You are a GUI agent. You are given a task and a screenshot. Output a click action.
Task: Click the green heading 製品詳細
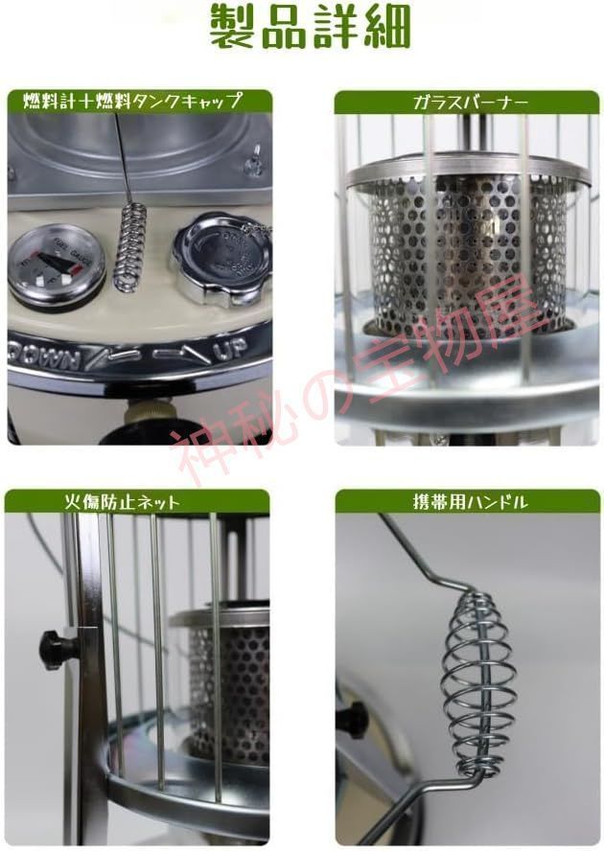pos(303,28)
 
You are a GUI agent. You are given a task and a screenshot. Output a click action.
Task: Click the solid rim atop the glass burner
pos(467,173)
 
